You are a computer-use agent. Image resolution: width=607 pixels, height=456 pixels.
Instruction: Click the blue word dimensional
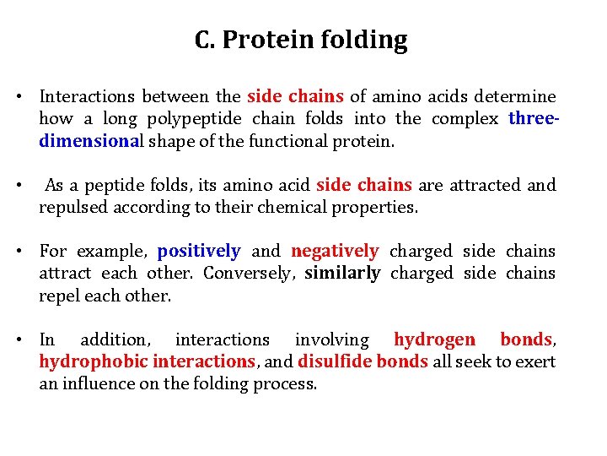click(x=91, y=141)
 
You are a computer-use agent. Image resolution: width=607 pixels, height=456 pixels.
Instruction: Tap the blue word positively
click(x=199, y=251)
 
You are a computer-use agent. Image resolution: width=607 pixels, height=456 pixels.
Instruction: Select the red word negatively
click(x=335, y=251)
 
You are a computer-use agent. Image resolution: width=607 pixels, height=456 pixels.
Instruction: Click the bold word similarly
click(x=342, y=273)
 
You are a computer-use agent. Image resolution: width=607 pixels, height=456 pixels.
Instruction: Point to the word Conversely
click(x=245, y=273)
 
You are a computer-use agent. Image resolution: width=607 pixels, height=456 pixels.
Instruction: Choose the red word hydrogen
click(x=435, y=339)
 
